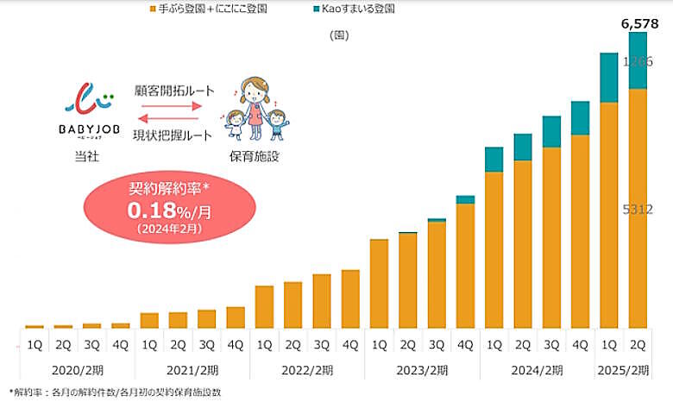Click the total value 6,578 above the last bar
click(x=639, y=24)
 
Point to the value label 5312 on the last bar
click(x=637, y=210)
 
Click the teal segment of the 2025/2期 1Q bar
click(x=609, y=78)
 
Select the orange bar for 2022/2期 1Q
click(x=264, y=306)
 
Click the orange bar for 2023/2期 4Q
click(x=465, y=266)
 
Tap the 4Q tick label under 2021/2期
click(x=235, y=344)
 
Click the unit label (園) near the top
click(x=338, y=35)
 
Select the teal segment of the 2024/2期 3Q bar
click(x=551, y=131)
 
